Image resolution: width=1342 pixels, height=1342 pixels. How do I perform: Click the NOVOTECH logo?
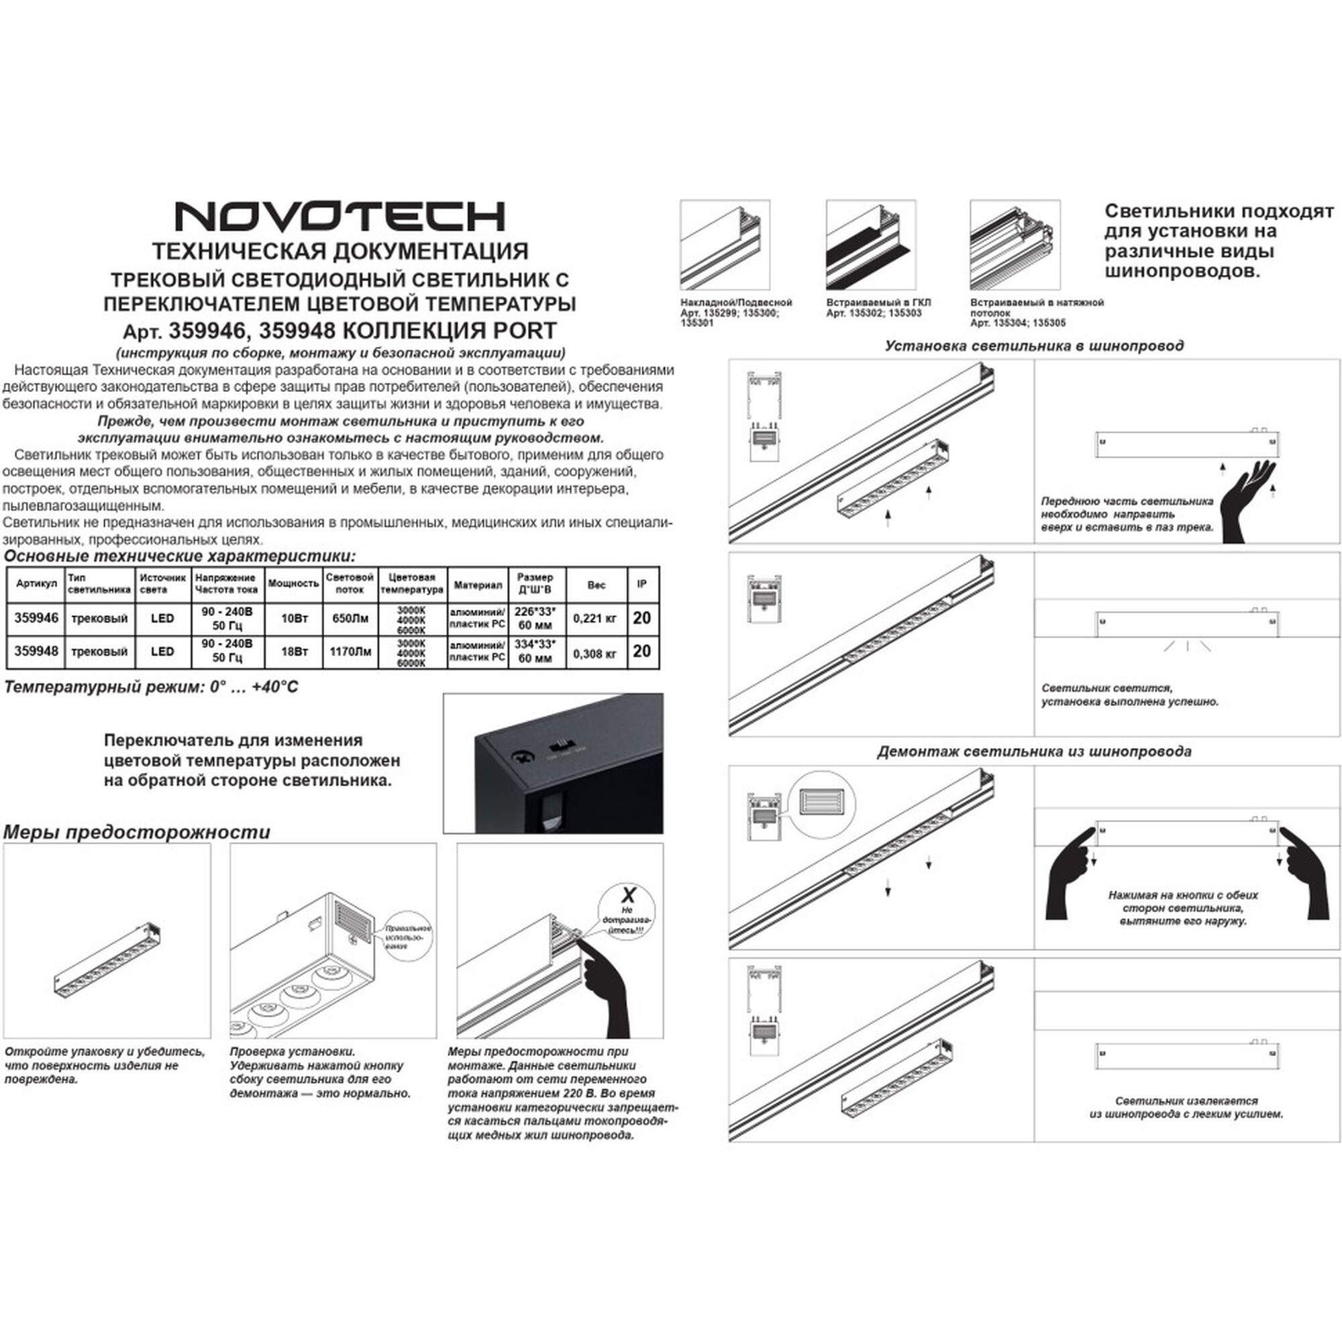tap(339, 217)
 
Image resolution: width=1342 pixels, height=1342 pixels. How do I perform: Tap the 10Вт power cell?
tap(294, 618)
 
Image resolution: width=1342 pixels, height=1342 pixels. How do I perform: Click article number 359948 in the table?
tap(36, 651)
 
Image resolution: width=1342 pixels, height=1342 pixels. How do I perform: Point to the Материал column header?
tap(477, 585)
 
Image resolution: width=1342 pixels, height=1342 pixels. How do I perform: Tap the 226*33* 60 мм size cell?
tap(534, 618)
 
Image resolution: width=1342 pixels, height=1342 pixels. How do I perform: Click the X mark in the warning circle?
tap(627, 894)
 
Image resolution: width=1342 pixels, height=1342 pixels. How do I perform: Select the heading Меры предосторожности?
tap(137, 832)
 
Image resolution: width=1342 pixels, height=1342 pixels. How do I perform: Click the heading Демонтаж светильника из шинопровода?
tap(1033, 752)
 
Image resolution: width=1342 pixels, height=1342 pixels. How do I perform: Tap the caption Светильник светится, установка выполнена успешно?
tap(1129, 694)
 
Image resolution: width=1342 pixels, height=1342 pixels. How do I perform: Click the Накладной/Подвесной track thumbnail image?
tap(725, 244)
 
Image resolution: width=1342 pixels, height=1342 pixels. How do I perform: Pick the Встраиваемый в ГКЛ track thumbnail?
tap(870, 244)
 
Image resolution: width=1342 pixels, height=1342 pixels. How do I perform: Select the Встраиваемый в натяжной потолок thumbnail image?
tap(1015, 244)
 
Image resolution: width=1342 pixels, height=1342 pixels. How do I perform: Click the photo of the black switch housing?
tap(553, 764)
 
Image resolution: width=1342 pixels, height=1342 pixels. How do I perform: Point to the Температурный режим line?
tap(152, 687)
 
